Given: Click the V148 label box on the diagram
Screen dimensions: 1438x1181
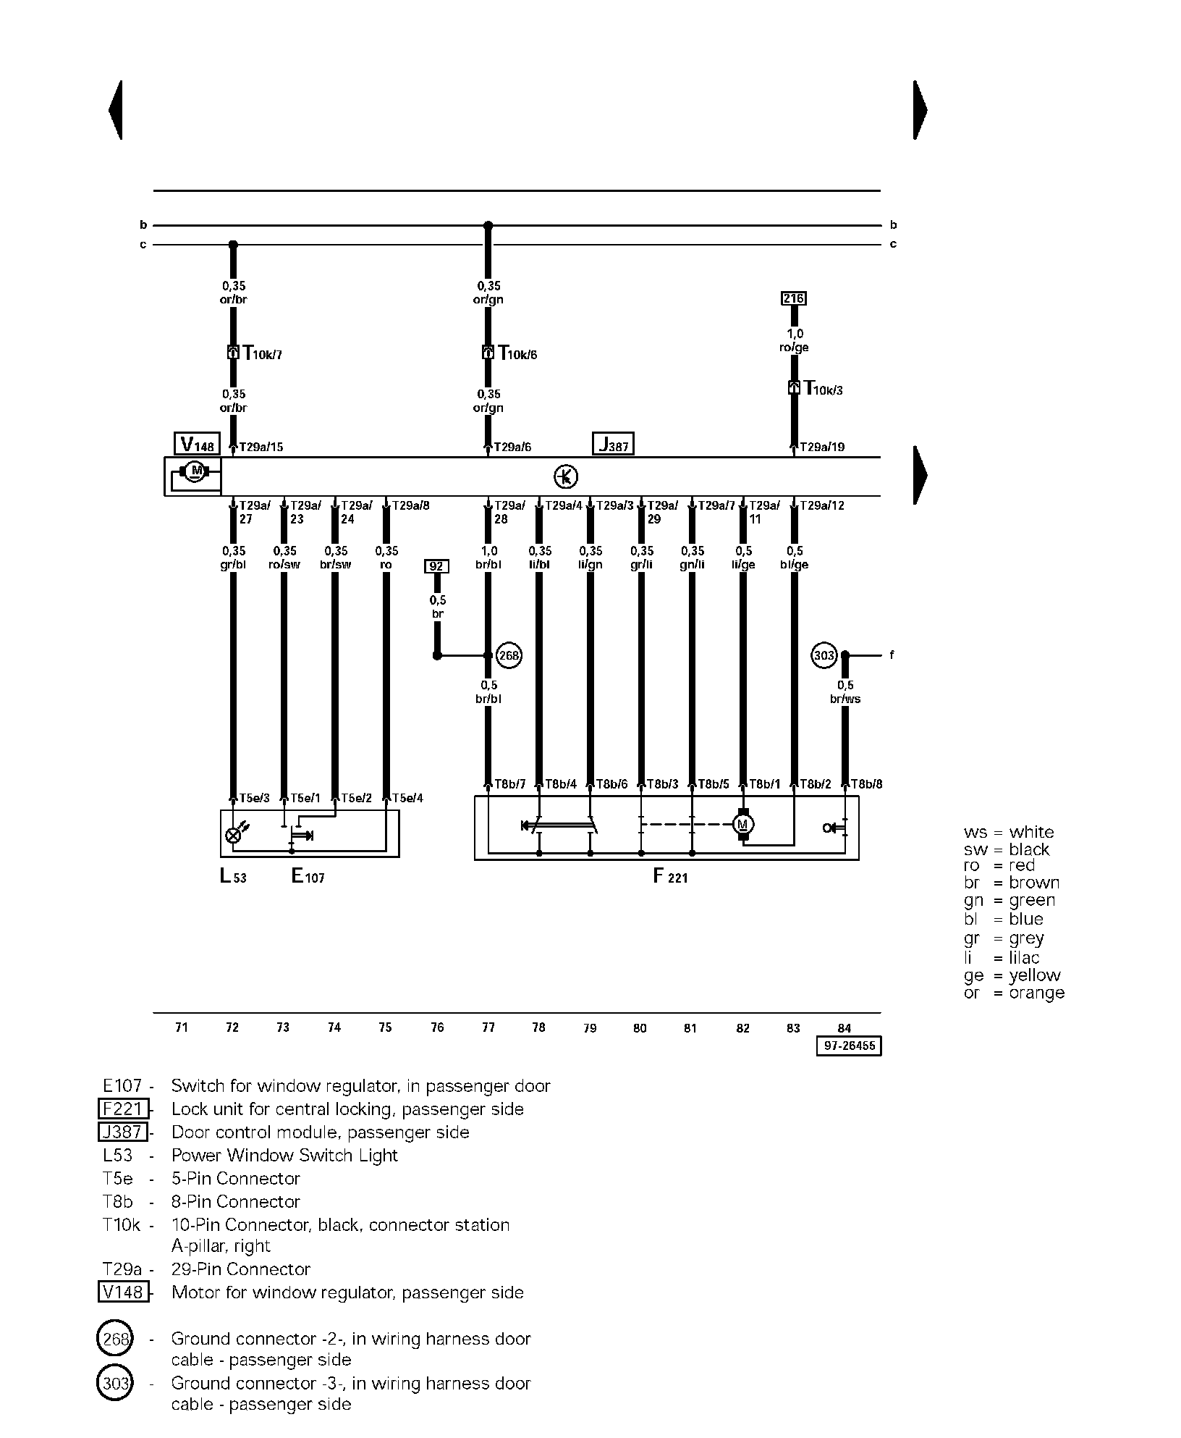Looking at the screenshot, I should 196,444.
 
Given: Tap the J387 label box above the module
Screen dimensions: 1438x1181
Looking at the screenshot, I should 613,444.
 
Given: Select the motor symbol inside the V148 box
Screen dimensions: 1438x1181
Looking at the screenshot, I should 194,472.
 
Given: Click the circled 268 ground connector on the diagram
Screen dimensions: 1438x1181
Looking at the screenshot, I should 509,655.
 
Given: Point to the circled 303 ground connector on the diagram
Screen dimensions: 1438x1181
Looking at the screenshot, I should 824,655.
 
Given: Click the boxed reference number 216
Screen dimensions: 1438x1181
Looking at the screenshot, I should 794,298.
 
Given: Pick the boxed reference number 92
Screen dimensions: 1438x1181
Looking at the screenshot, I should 436,565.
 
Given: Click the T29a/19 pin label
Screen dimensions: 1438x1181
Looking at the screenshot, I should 821,447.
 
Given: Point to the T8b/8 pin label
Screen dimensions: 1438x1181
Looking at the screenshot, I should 866,783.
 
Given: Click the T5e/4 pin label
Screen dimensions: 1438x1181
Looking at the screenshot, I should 407,798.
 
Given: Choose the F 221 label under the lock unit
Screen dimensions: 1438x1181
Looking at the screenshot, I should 670,877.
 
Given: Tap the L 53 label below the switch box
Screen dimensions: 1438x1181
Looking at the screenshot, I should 233,877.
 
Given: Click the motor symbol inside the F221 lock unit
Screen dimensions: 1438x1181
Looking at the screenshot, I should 743,824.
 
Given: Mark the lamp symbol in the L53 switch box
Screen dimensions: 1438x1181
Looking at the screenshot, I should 234,836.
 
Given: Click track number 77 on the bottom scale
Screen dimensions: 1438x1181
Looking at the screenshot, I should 488,1027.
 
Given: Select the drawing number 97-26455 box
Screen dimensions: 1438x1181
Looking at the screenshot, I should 849,1046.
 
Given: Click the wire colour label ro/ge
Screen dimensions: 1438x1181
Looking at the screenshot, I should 795,348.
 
